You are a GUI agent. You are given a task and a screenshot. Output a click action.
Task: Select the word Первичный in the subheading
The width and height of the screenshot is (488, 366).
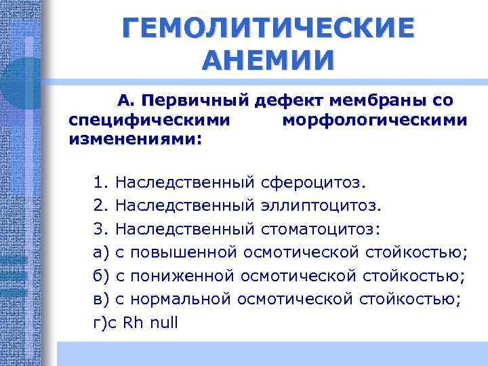tap(201, 101)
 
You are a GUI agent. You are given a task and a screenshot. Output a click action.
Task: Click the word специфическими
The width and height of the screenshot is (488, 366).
tap(149, 121)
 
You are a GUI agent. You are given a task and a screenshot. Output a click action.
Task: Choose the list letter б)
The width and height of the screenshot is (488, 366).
tap(101, 277)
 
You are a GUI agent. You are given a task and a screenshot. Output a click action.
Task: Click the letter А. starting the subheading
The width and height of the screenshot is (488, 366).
tap(127, 101)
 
